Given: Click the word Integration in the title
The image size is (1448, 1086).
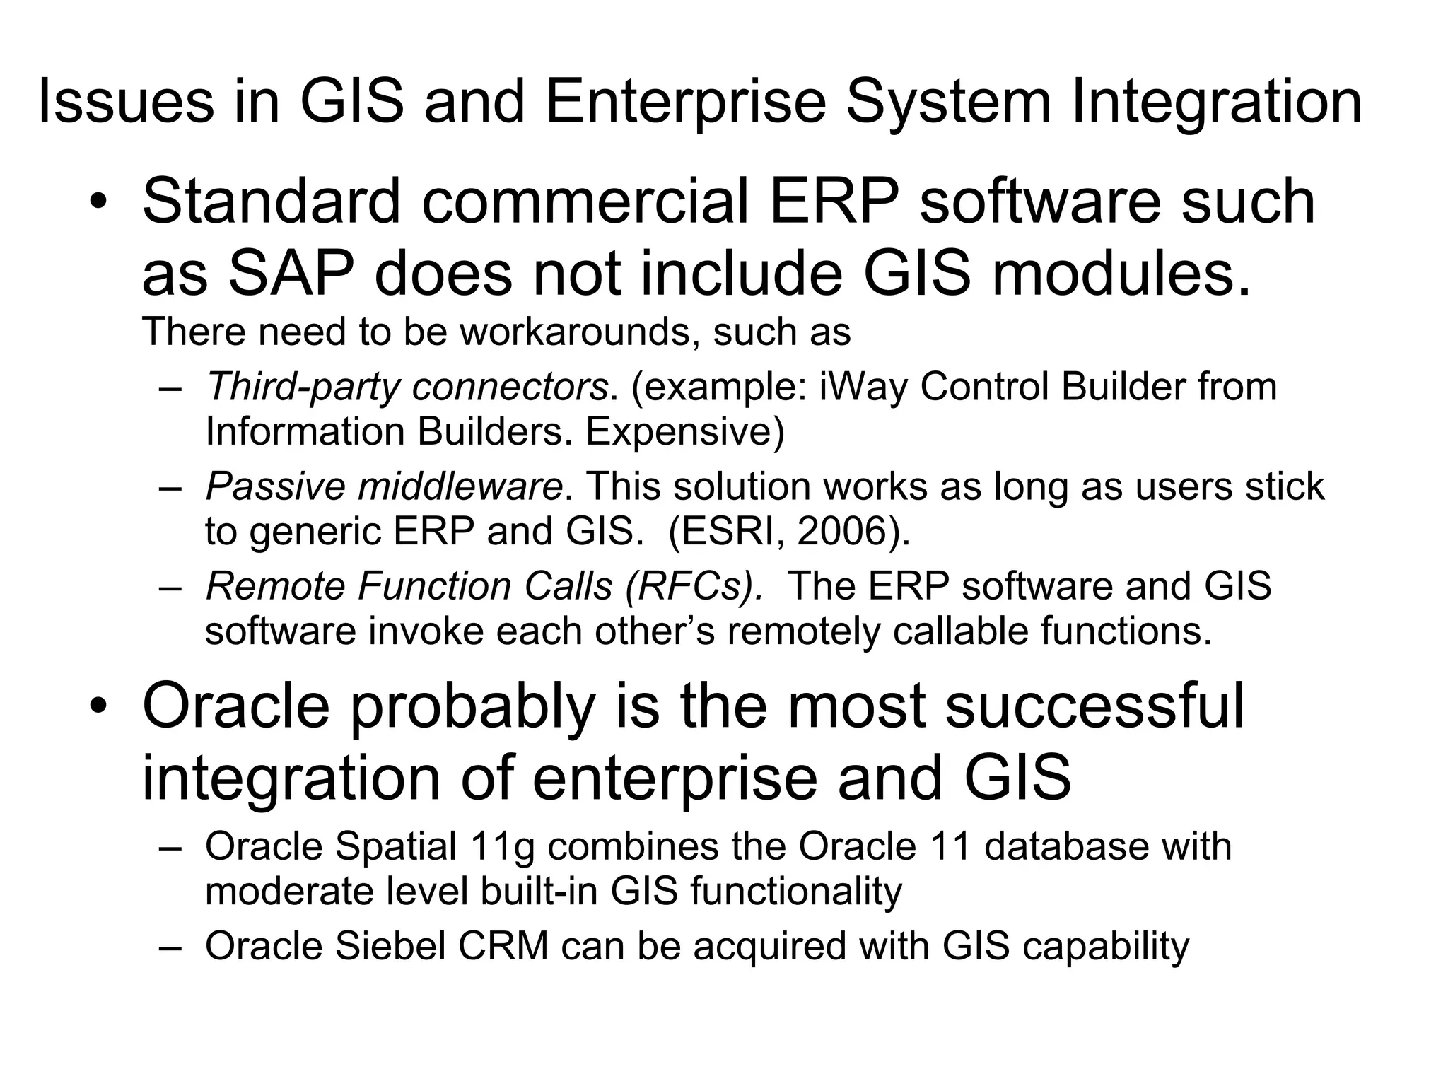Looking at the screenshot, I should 1216,103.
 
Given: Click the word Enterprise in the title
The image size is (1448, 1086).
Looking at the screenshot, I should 685,103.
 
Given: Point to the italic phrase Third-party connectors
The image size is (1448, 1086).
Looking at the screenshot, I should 407,387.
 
